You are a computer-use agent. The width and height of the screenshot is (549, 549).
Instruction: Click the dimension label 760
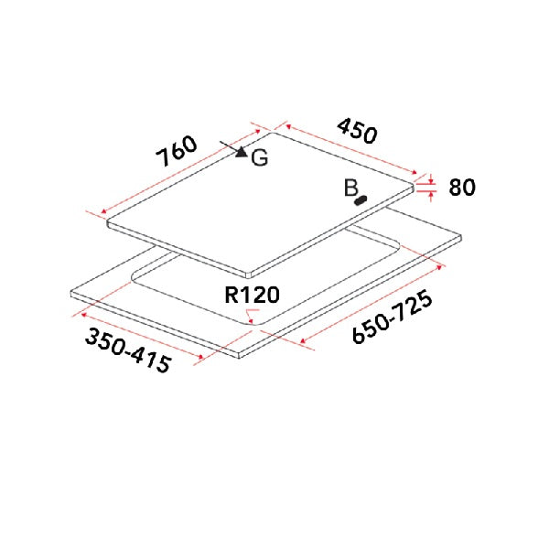coord(176,152)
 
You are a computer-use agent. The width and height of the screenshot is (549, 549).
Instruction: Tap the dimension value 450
coord(357,130)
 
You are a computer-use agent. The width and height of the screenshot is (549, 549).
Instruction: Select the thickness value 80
coord(462,188)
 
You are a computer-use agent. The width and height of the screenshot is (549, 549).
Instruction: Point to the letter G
coord(260,158)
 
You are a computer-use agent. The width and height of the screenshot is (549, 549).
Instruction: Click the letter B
coord(350,188)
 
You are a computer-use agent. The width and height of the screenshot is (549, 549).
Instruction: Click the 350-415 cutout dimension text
coord(128,350)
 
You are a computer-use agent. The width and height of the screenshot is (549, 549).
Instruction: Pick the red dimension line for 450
coord(352,150)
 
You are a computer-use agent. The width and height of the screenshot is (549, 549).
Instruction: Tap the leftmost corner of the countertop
coord(71,293)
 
